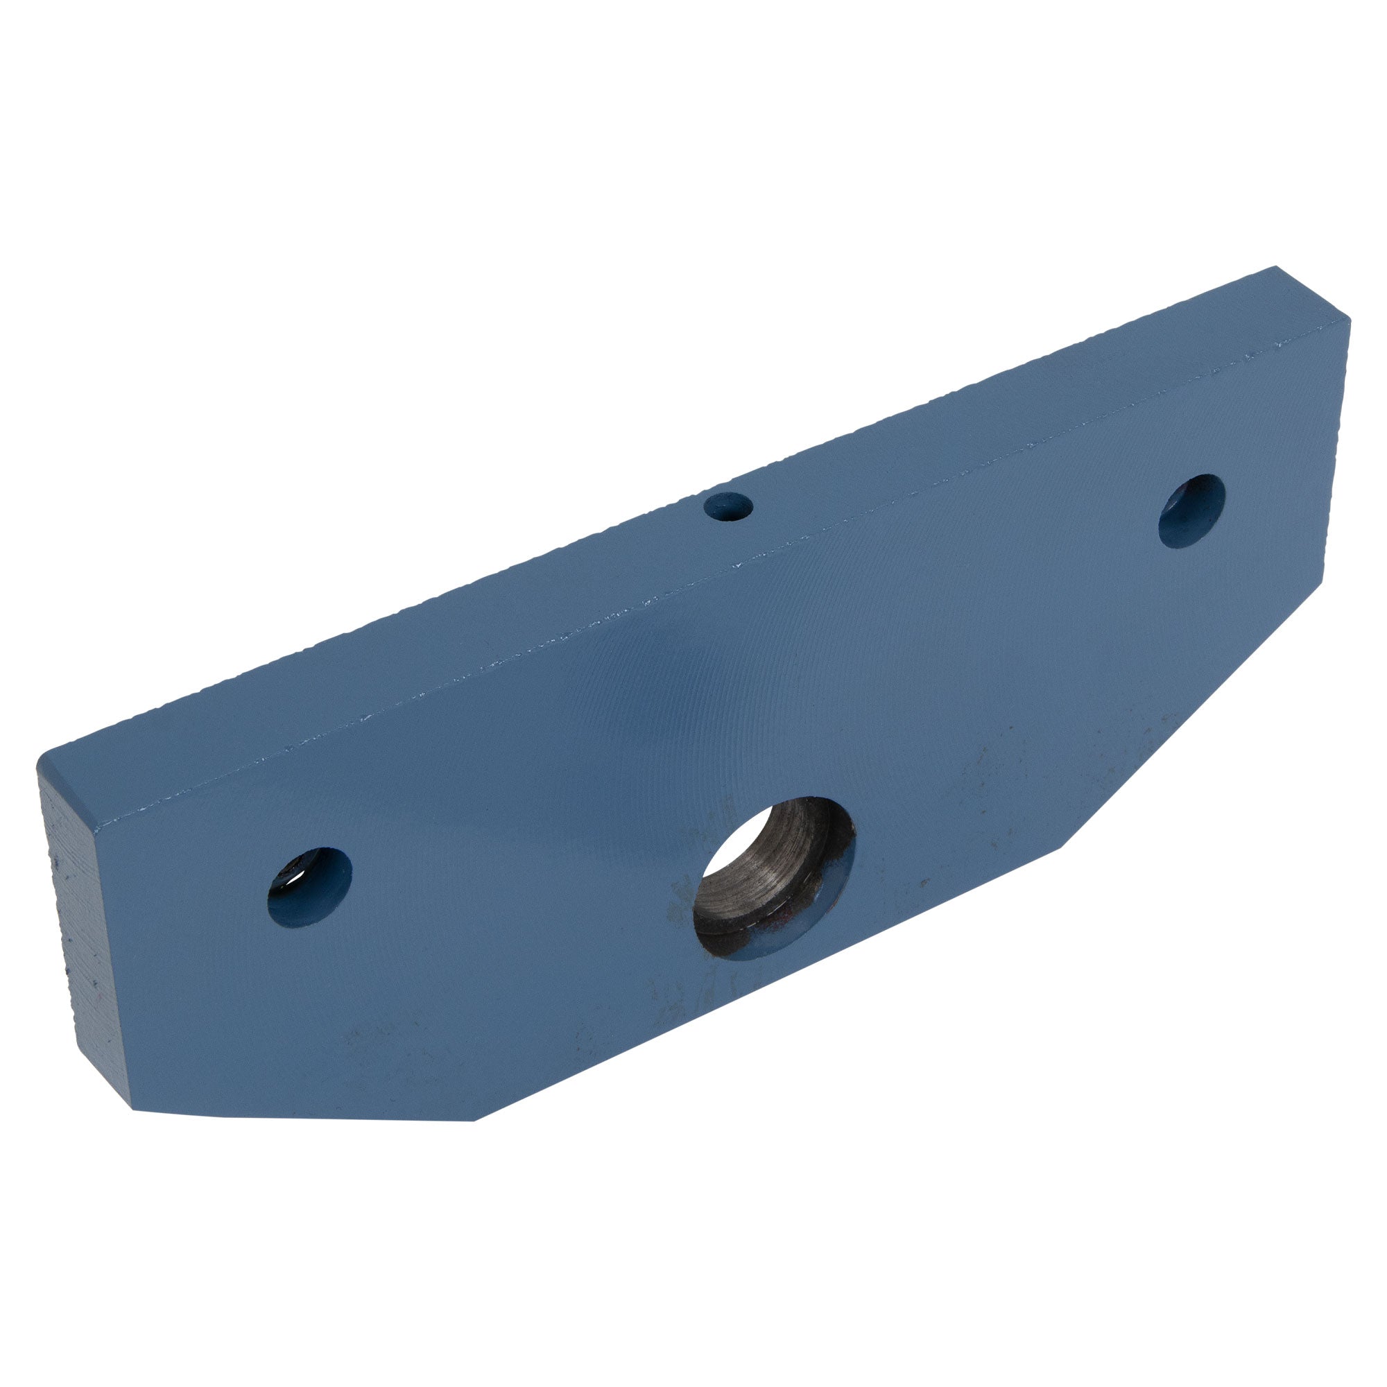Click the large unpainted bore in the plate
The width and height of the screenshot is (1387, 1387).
tap(773, 877)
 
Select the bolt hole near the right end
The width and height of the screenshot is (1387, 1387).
tap(1191, 511)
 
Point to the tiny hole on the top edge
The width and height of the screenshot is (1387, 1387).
tap(727, 507)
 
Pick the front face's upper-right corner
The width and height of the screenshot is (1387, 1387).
tap(1348, 323)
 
